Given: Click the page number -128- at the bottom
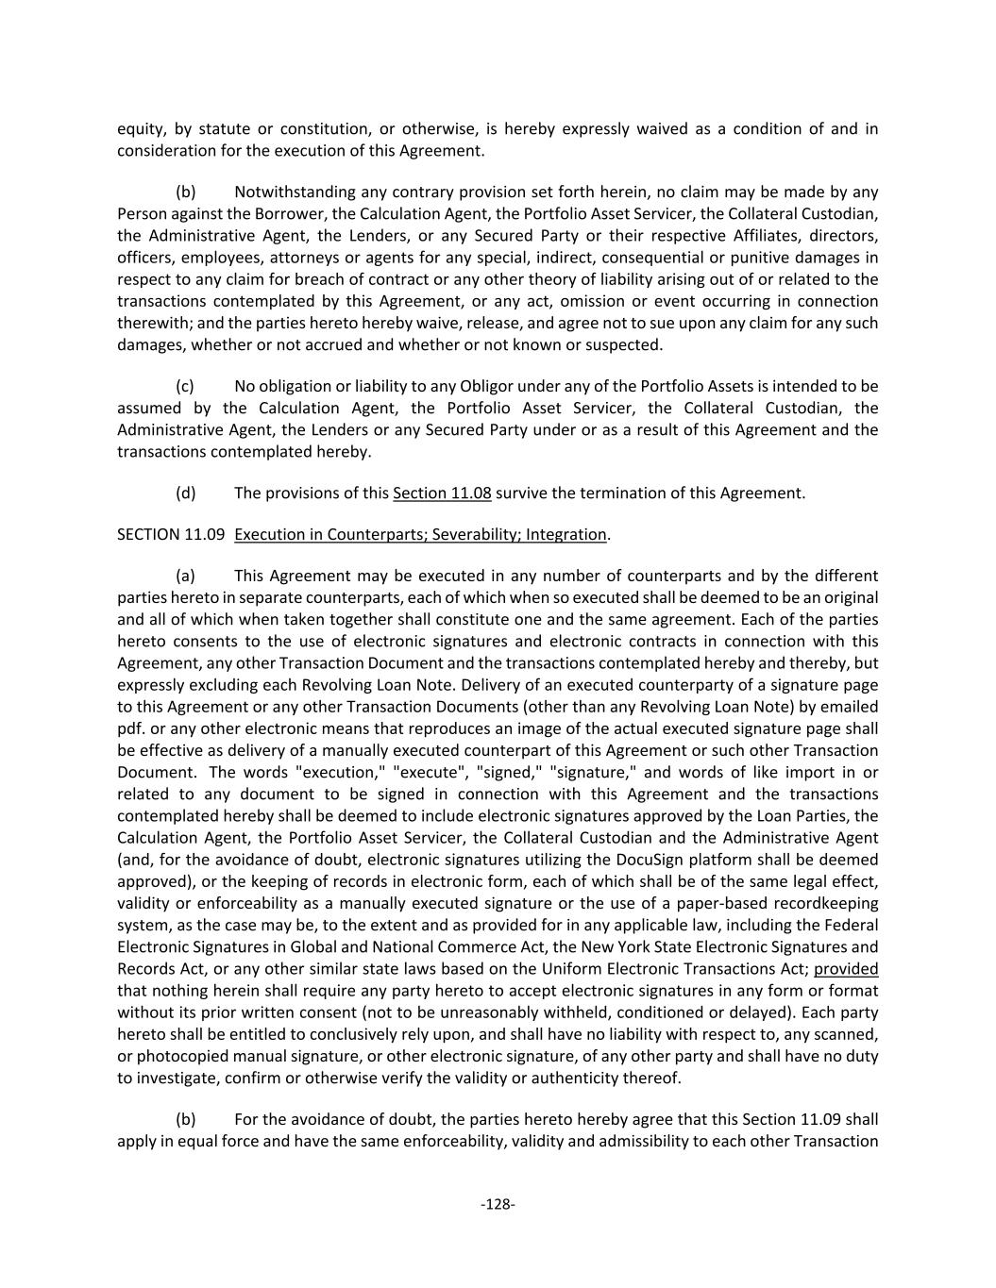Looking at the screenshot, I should coord(498,1204).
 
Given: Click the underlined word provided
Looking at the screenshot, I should coord(846,968).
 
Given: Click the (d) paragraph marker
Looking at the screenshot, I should coord(186,493).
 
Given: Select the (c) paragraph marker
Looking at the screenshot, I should coord(185,386).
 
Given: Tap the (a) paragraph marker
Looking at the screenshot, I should coord(186,576).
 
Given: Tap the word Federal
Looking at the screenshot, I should coord(852,925).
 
